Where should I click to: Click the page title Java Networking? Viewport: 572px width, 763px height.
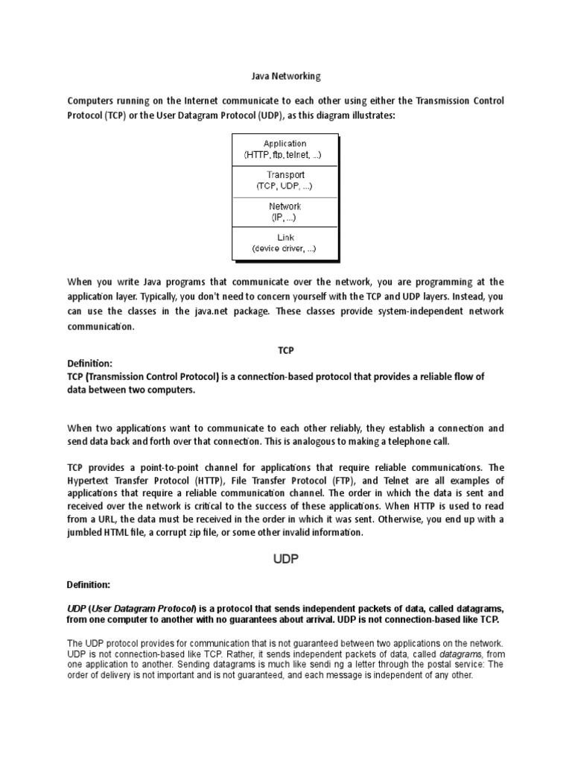285,76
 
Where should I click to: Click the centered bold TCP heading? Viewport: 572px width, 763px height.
286,349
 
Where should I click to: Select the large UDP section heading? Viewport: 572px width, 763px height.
285,559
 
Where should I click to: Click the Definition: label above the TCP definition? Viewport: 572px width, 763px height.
90,364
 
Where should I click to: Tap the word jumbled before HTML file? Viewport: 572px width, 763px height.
86,533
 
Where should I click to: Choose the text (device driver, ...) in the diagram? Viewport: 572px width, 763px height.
285,248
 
